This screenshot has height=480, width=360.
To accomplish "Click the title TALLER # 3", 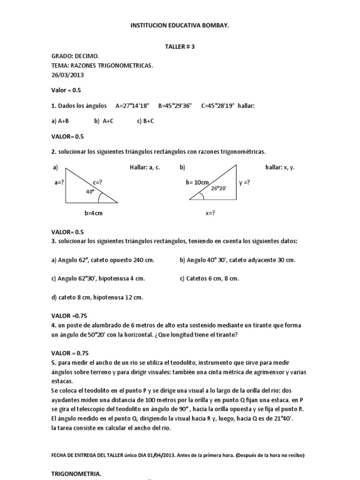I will coord(180,47).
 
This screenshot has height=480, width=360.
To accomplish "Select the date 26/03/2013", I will coord(67,75).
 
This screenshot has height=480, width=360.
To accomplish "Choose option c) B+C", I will coord(145,121).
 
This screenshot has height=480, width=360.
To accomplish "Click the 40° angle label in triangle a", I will coord(90,192).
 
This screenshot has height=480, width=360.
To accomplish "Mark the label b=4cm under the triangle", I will coord(93,213).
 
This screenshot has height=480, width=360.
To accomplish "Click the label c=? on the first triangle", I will coord(97,182).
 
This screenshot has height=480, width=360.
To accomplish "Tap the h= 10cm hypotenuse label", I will coord(198,182).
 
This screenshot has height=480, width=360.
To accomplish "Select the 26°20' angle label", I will coord(218,188).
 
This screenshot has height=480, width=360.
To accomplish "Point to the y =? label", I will coord(244,182).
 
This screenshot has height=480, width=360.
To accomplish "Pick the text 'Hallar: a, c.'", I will coord(144,167).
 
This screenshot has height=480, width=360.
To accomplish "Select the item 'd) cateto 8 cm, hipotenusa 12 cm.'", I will coord(97,297).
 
